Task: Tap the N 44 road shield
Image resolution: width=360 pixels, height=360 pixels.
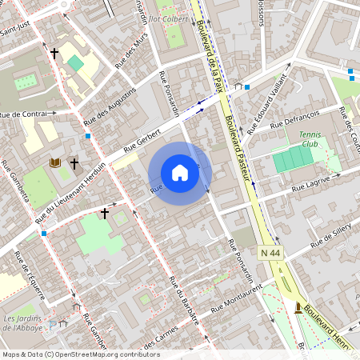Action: click(x=270, y=253)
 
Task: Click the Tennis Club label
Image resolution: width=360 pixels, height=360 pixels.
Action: click(x=309, y=139)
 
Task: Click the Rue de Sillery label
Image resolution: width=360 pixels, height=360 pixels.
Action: click(x=333, y=235)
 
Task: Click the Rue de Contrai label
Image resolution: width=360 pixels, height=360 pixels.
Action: click(x=23, y=114)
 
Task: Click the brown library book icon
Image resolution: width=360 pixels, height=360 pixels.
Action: click(x=55, y=162)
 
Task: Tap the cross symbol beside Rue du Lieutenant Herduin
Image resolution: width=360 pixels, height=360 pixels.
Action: click(x=104, y=214)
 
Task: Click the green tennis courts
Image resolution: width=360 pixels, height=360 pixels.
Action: click(x=293, y=159)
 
